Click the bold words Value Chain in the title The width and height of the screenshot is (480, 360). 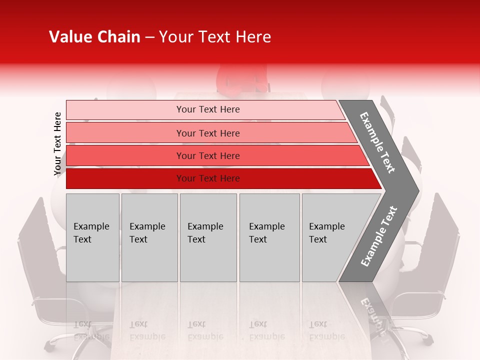coord(94,37)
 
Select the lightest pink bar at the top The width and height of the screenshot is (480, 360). coord(125,110)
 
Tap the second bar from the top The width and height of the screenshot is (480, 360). coord(125,133)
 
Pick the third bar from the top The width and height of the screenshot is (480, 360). coord(125,155)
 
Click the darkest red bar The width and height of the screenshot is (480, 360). coord(125,178)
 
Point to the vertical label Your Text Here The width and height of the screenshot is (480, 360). coord(57,144)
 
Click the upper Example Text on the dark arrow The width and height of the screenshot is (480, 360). coord(377,142)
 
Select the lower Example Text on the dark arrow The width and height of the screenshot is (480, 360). coord(379,236)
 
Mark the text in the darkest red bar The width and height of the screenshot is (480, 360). coord(208,178)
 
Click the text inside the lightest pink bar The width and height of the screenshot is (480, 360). coord(208,109)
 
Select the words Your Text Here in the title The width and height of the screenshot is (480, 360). coord(215,37)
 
